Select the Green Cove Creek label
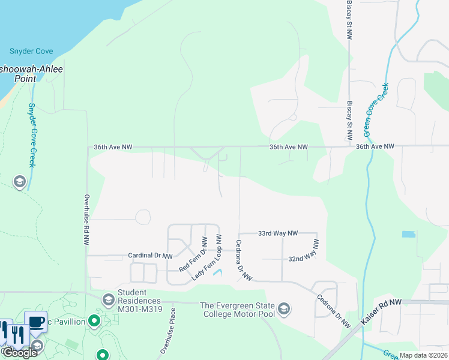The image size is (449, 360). tap(376, 110)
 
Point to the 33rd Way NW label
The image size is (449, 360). tap(277, 233)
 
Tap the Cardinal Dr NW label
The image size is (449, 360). tap(150, 256)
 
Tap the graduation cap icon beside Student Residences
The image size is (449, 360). tap(109, 299)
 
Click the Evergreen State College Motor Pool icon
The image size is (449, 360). tap(284, 308)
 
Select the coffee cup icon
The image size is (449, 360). tap(35, 322)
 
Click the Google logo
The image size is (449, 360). tap(20, 352)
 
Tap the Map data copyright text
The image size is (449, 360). tap(423, 355)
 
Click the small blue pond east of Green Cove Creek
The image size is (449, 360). tap(408, 234)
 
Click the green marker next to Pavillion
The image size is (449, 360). tap(95, 322)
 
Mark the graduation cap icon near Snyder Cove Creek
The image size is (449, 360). tap(20, 182)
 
